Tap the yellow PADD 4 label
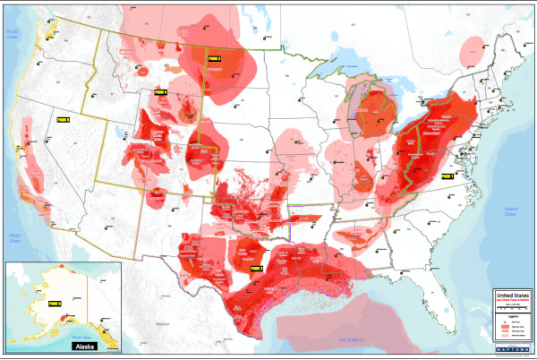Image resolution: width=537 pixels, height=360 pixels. pyautogui.click(x=160, y=91)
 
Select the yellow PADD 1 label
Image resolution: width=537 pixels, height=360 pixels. pyautogui.click(x=447, y=177)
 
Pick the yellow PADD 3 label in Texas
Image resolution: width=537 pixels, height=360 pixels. pyautogui.click(x=255, y=268)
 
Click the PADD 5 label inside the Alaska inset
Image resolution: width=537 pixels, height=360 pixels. pyautogui.click(x=54, y=304)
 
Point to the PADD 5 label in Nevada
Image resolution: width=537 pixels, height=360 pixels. pyautogui.click(x=63, y=118)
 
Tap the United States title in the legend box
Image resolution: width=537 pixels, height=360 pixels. pyautogui.click(x=511, y=294)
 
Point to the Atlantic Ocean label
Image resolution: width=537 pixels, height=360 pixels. pyautogui.click(x=510, y=211)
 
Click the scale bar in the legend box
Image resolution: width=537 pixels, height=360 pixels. pyautogui.click(x=511, y=308)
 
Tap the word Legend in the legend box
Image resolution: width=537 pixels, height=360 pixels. pyautogui.click(x=511, y=314)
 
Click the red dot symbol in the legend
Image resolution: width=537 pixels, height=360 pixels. pyautogui.click(x=500, y=320)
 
